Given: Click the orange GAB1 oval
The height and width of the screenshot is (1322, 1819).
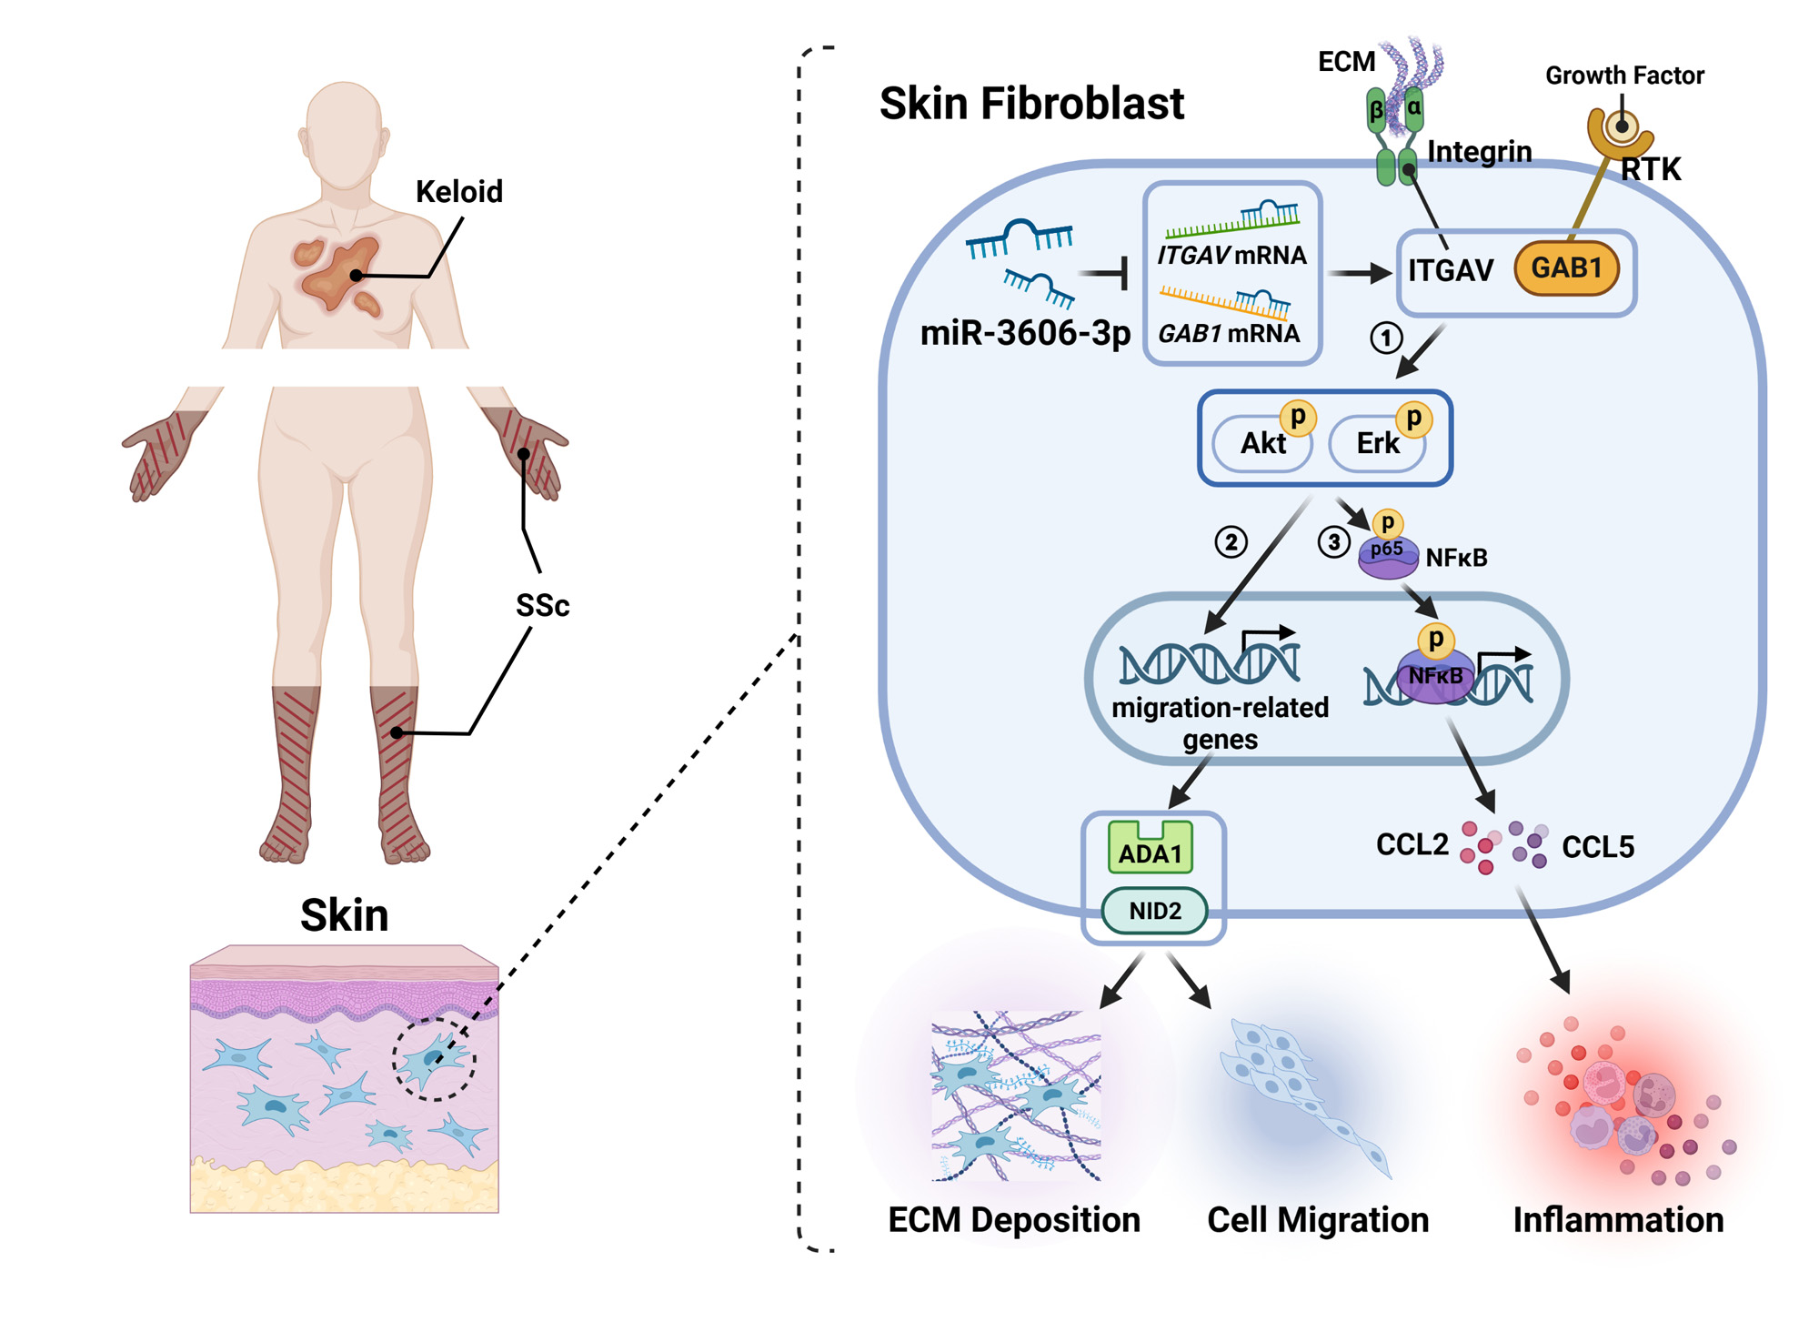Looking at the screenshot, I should click(x=1566, y=268).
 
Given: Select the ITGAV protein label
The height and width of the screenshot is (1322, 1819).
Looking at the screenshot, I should click(x=1451, y=270).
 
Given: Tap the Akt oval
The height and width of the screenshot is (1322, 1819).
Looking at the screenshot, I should click(x=1262, y=443).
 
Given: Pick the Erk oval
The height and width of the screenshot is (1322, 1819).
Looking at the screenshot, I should click(x=1377, y=443).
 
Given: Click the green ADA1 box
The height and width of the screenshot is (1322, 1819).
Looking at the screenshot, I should click(x=1151, y=848).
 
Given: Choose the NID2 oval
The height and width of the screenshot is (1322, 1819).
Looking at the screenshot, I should click(x=1154, y=911).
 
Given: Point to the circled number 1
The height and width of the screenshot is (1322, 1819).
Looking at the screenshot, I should click(x=1386, y=338).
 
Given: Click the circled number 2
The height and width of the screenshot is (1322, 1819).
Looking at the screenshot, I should click(x=1231, y=542).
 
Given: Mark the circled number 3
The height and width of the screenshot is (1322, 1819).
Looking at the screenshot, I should click(x=1333, y=542).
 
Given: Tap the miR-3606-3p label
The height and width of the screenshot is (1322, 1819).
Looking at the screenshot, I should click(x=1025, y=333).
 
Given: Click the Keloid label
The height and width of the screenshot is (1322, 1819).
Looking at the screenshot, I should click(x=458, y=192).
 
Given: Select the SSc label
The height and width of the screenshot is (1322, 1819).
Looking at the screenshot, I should click(x=542, y=606).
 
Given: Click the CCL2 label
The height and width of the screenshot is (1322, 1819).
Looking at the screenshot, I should click(x=1412, y=845).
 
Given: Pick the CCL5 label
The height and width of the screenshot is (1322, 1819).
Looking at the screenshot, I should click(x=1598, y=847).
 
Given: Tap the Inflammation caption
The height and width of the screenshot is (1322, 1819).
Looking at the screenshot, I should click(x=1618, y=1220).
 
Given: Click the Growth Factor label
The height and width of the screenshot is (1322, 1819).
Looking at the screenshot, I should click(x=1624, y=76).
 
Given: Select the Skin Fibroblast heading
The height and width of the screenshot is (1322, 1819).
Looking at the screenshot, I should click(x=1031, y=104).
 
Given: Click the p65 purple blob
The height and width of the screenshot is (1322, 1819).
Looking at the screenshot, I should click(x=1388, y=556).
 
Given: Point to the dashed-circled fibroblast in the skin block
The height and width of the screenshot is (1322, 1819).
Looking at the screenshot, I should click(x=435, y=1058).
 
